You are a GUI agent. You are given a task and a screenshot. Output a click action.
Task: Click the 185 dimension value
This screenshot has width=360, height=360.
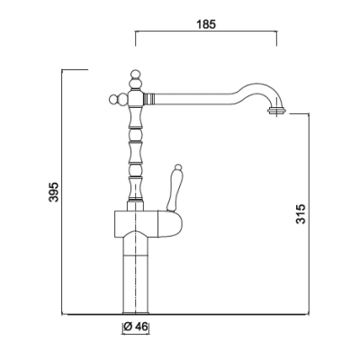pos(206,24)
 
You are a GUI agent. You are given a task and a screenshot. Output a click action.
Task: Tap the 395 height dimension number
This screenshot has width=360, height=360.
pos(54,192)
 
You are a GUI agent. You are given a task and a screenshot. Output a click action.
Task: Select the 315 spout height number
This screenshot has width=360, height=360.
pos(301,214)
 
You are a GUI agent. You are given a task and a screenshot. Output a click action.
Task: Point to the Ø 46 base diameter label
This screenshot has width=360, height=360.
pos(136,327)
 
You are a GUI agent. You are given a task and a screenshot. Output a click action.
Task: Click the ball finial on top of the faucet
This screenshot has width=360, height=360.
pos(136,74)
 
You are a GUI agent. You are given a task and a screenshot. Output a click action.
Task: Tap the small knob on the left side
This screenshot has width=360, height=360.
pos(113,99)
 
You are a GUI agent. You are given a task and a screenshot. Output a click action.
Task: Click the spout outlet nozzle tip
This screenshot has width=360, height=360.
pos(276,111)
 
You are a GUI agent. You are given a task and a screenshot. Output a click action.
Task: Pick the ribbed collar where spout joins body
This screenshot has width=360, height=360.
pos(149,98)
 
